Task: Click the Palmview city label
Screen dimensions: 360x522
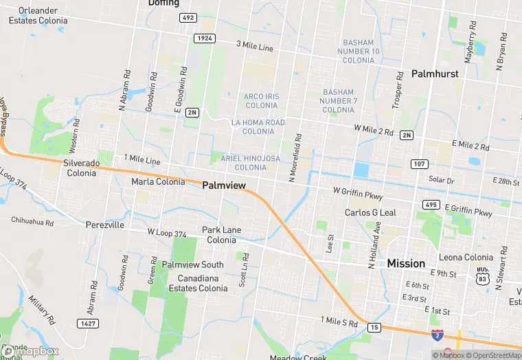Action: click(224, 185)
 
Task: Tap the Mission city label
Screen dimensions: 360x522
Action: click(406, 263)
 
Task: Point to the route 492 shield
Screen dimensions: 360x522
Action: click(188, 17)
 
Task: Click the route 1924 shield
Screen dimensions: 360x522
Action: click(204, 38)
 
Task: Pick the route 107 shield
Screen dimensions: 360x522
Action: click(420, 164)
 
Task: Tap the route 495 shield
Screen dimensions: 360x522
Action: click(431, 205)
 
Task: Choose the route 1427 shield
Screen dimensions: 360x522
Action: click(87, 322)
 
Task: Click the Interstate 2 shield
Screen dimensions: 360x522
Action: click(438, 334)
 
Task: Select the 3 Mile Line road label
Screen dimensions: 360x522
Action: click(255, 47)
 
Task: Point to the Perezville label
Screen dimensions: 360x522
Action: click(105, 225)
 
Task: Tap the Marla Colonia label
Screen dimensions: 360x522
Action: click(158, 182)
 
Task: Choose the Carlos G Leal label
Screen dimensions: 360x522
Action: click(370, 213)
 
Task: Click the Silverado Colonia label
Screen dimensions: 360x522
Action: click(81, 168)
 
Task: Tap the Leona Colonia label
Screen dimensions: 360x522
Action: click(466, 258)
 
